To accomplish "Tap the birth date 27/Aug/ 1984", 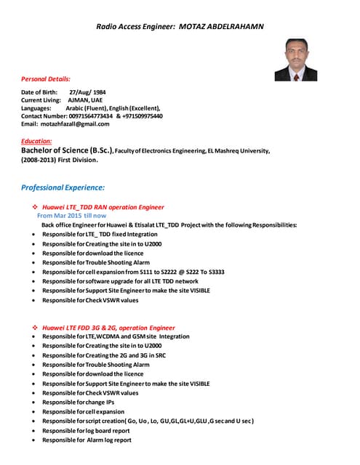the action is pyautogui.click(x=87, y=92).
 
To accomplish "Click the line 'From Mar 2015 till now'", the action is pyautogui.click(x=71, y=216).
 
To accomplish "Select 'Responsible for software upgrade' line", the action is pyautogui.click(x=120, y=280).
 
